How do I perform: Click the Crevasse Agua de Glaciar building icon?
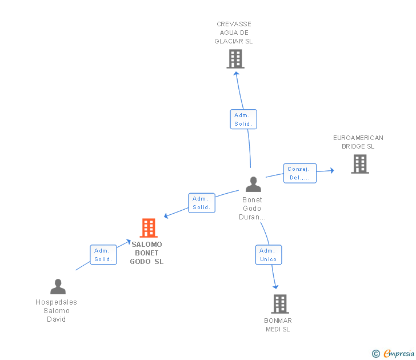pos(235,59)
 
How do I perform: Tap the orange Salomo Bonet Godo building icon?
pos(149,228)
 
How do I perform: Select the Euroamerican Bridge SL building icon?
pos(359,164)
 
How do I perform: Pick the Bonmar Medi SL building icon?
pos(279,304)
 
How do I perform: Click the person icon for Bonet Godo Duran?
pos(253,184)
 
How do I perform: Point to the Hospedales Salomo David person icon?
pos(58,286)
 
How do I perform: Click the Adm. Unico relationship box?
pos(268,255)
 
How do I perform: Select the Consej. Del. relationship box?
pos(299,173)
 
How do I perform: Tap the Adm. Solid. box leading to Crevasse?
pos(243,119)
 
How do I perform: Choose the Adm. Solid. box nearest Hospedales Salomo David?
pos(103,255)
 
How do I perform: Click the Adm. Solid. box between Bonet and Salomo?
pos(202,203)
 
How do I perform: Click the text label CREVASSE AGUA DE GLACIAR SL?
pos(234,33)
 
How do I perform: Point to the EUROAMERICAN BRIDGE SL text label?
pos(358,142)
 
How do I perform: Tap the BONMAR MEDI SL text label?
pos(278,325)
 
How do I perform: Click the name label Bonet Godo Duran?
pos(252,209)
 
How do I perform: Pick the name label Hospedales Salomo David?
pos(57,311)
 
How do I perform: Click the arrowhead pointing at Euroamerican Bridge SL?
pos(332,170)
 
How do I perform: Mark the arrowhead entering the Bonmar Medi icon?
pos(275,286)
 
